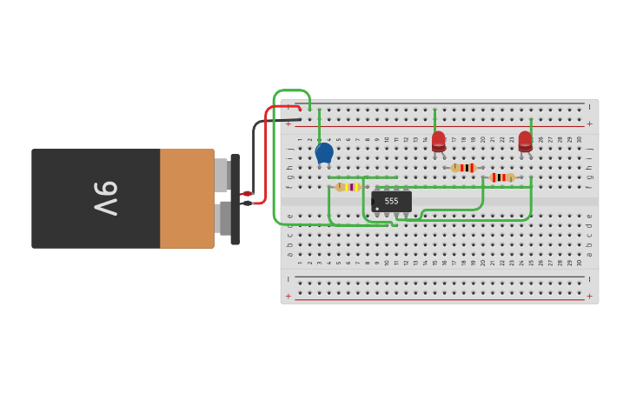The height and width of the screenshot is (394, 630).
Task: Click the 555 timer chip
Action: point(391,201)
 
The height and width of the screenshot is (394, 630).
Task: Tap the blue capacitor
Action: point(324,153)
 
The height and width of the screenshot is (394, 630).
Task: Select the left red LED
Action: point(439,141)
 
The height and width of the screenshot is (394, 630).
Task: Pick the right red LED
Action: point(525,141)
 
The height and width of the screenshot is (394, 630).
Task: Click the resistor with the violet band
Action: point(348,187)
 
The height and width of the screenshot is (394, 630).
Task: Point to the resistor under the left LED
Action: point(464,168)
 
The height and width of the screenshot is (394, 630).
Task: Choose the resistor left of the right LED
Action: point(502,177)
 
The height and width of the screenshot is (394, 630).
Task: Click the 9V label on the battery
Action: point(105,198)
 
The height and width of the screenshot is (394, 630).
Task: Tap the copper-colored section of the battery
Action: point(187,198)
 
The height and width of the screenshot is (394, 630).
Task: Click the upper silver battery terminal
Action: point(222,175)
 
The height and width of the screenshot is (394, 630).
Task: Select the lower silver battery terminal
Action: point(222,218)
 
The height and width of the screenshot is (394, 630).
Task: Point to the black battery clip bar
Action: point(235,199)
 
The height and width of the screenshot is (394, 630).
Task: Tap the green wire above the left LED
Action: point(434,119)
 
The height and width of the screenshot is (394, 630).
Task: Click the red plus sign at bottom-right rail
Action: point(589,296)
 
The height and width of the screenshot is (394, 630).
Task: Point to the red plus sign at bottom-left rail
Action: point(288,296)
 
